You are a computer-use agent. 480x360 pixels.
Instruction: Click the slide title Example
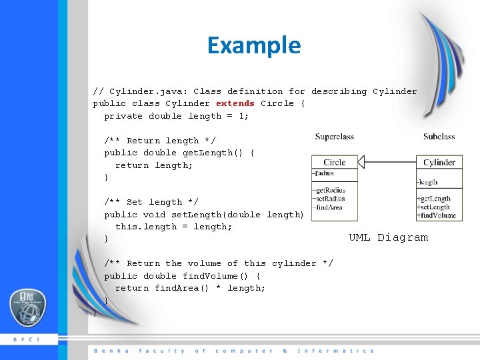coord(254,45)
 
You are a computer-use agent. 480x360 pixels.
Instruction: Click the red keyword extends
coord(235,103)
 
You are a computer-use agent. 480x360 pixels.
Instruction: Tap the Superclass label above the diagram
coord(334,137)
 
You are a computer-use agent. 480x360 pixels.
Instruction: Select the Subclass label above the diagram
coord(439,137)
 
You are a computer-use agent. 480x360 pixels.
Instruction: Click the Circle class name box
coord(334,162)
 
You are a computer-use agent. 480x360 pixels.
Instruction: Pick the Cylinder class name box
coord(439,162)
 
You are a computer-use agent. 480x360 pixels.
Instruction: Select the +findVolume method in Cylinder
coord(436,215)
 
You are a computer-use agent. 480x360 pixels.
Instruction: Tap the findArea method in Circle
coord(329,207)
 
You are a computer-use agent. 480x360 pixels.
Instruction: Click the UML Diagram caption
coord(388,237)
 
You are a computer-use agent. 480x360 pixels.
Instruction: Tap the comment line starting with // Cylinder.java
coord(255,91)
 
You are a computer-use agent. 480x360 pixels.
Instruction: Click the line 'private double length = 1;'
coord(176,116)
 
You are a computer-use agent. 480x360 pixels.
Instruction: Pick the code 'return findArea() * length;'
coord(190,288)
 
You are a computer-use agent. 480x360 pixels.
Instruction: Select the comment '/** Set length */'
coord(151,202)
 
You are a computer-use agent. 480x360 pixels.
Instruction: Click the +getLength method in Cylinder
coord(433,199)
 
